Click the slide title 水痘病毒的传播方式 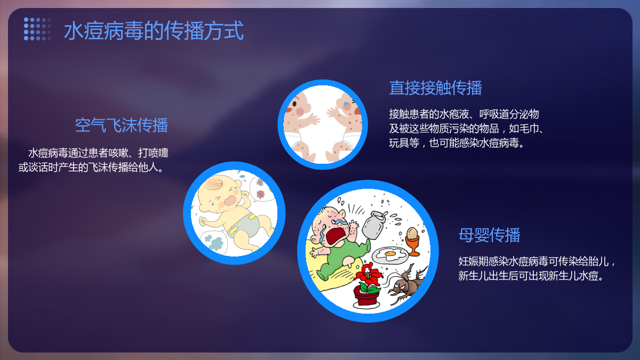154,30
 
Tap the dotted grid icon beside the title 37,29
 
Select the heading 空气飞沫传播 122,125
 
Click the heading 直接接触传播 435,87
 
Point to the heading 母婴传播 490,235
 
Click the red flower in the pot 369,275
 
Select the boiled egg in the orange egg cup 412,233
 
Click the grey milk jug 373,225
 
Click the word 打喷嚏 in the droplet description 153,153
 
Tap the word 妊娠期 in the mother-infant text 474,261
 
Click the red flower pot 366,295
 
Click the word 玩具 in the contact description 399,143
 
